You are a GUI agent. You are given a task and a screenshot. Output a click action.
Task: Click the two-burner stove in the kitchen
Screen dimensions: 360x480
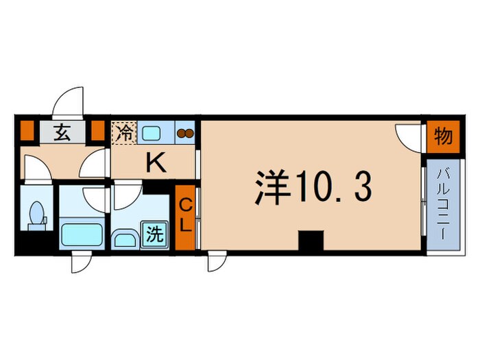(185, 133)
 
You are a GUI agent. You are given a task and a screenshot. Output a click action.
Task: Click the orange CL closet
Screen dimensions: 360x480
(185, 217)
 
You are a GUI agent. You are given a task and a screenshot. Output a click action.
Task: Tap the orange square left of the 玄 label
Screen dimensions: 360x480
(26, 130)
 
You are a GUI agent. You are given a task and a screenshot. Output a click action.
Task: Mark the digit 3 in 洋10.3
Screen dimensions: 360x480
(363, 187)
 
